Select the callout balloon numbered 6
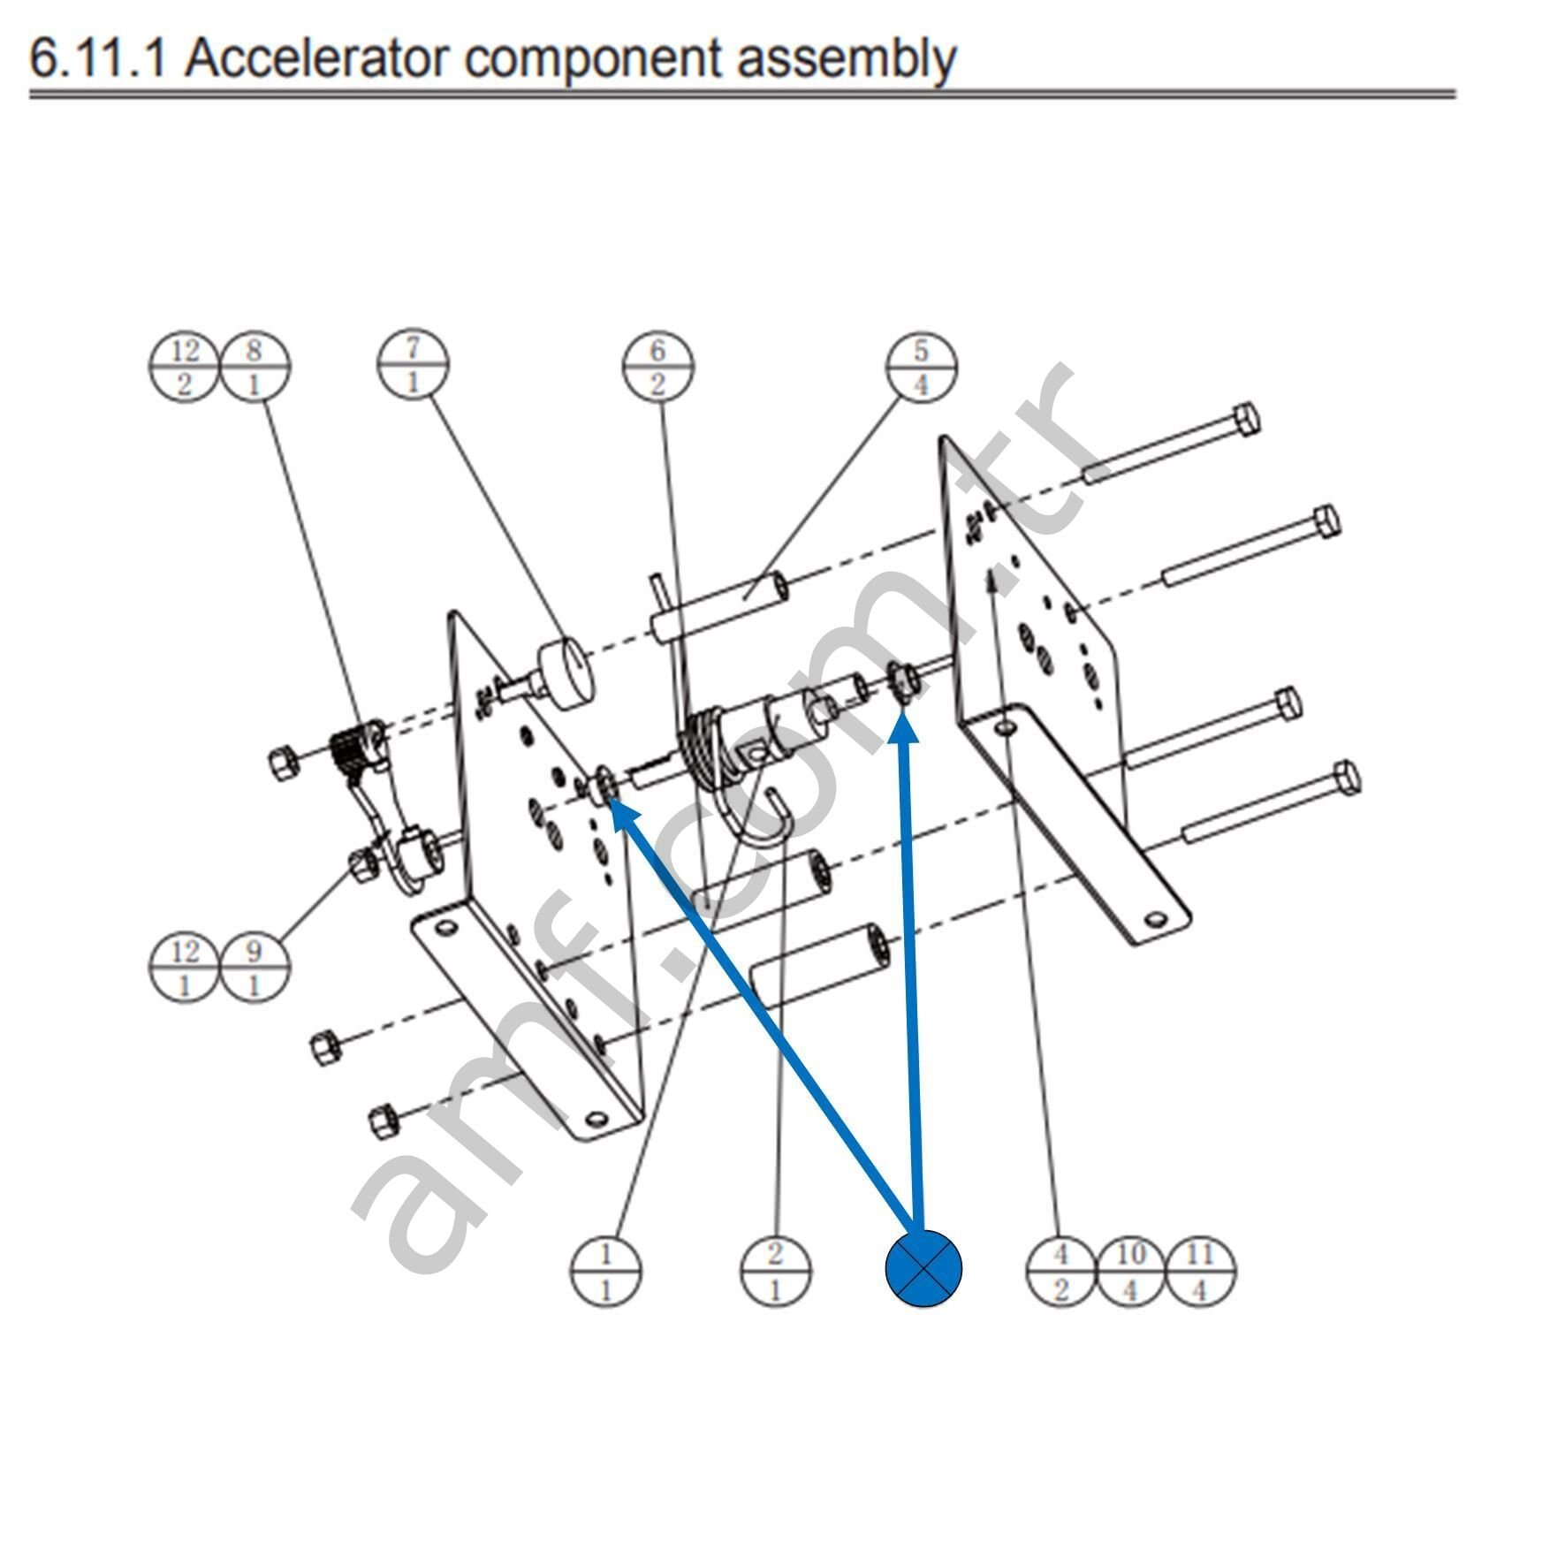point(657,366)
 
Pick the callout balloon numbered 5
point(921,366)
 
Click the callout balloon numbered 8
point(255,366)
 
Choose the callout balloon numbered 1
point(606,1271)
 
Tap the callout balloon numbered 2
point(775,1271)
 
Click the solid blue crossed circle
point(923,1268)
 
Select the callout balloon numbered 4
point(1061,1271)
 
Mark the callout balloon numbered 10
point(1131,1271)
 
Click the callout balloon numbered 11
point(1200,1271)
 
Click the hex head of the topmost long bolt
point(1244,419)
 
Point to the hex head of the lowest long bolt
point(1345,778)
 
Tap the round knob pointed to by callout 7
point(566,673)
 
